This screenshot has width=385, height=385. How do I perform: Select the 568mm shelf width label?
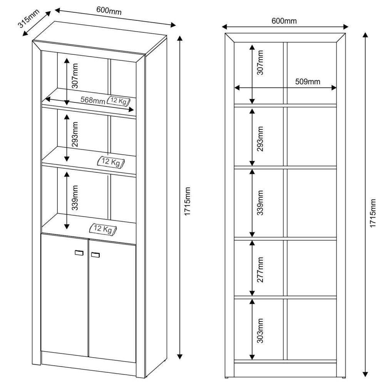92,100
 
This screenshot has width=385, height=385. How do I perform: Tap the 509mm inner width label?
308,82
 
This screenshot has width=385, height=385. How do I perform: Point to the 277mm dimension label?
260,269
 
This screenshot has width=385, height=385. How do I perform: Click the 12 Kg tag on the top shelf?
119,101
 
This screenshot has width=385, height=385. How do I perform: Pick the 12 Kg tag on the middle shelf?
111,162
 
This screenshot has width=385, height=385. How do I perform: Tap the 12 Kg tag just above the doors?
102,229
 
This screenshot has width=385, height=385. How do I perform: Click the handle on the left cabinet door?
79,253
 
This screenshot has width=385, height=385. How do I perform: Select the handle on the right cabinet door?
95,254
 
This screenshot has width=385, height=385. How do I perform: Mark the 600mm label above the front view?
284,21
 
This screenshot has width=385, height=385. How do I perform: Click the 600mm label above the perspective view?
109,12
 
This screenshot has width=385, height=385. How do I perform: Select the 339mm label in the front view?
260,203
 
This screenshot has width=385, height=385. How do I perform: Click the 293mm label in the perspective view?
75,135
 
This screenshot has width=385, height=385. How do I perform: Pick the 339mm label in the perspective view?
75,198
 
